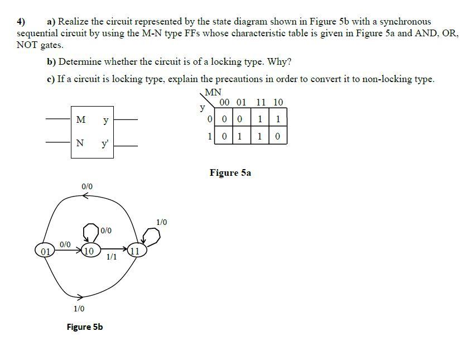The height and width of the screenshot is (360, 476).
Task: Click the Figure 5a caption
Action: coord(230,172)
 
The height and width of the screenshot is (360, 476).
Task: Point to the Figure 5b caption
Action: coord(84,327)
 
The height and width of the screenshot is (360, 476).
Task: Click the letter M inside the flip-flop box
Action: coord(81,119)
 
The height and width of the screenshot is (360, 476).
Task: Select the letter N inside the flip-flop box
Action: coord(81,142)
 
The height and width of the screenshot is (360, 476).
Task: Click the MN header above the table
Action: coord(213,93)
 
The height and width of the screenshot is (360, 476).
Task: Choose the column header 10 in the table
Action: coord(277,102)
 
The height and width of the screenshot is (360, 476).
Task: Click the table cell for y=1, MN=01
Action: coord(239,136)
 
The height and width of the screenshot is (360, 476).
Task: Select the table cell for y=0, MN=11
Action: coord(261,119)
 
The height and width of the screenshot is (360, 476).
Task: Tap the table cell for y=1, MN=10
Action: coord(277,136)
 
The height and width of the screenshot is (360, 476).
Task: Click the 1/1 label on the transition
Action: coord(111,257)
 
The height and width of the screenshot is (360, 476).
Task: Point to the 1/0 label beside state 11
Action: coord(162,222)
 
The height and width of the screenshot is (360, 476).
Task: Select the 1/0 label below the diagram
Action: coord(79,308)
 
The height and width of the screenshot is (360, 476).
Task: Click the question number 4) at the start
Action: coord(21,22)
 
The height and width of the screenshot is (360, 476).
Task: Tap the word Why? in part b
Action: coord(281,61)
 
